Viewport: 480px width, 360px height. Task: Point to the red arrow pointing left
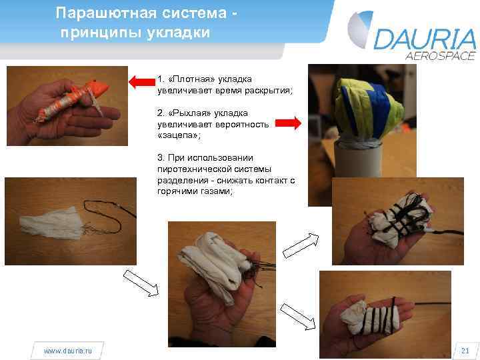tap(141, 82)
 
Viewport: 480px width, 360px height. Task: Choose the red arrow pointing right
tap(289, 122)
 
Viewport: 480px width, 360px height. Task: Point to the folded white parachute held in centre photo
tap(217, 264)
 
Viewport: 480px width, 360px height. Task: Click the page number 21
tap(465, 350)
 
